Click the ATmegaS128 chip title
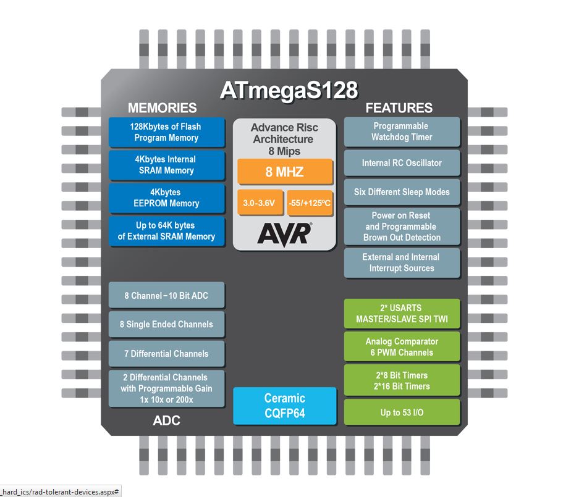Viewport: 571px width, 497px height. tap(289, 90)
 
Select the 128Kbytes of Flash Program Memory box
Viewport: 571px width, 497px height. tap(167, 132)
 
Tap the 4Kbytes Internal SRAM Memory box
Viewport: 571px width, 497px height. tap(167, 165)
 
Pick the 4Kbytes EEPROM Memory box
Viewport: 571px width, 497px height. tap(167, 198)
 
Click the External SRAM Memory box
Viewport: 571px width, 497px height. tap(167, 231)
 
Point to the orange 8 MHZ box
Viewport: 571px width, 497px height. tap(285, 172)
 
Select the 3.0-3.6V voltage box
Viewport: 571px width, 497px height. tap(260, 203)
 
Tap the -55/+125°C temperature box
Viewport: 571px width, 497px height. tap(310, 203)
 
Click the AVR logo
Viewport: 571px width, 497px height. tap(284, 233)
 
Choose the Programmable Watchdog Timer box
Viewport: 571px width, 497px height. tap(402, 132)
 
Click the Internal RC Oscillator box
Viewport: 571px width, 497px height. tap(402, 163)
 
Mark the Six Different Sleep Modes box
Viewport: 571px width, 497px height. tap(402, 192)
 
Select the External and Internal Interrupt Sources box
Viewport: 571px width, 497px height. tap(402, 262)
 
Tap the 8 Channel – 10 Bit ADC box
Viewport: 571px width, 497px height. tap(167, 295)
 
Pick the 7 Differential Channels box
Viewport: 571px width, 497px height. tap(167, 354)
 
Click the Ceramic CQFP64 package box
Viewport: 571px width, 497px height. tap(285, 406)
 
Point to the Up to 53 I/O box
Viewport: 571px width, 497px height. tap(402, 412)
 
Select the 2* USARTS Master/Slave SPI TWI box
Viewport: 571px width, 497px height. tap(402, 314)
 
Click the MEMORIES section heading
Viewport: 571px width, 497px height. tap(163, 108)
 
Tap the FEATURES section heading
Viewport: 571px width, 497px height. tap(399, 108)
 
